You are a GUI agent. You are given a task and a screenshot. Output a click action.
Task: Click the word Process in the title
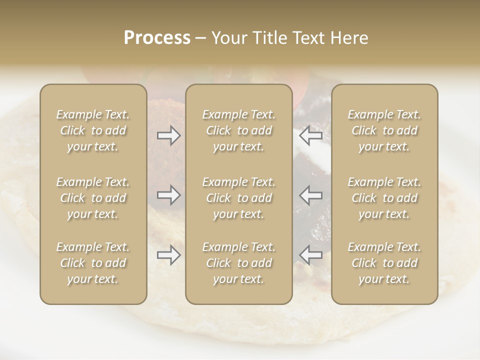[x=157, y=38]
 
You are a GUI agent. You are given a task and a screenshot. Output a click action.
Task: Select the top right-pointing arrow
[x=169, y=135]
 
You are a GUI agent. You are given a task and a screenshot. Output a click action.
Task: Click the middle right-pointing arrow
[x=169, y=195]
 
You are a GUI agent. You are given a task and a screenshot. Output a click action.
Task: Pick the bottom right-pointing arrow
[x=169, y=255]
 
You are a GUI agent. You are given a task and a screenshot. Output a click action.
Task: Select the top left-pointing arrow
[x=311, y=135]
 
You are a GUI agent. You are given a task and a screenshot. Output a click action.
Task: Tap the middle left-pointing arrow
[x=311, y=195]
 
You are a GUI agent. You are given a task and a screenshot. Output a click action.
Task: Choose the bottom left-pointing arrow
[x=311, y=255]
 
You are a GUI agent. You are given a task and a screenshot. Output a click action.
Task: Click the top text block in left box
[x=93, y=130]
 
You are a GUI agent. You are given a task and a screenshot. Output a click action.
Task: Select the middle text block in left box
[x=93, y=198]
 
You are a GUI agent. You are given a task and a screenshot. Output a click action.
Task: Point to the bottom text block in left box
[x=93, y=263]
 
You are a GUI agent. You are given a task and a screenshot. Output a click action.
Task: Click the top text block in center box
[x=239, y=130]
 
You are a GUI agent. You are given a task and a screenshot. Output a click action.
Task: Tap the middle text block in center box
[x=239, y=198]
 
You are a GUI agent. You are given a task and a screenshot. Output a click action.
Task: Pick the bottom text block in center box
[x=239, y=263]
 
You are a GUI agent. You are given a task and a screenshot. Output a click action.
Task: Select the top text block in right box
[x=384, y=130]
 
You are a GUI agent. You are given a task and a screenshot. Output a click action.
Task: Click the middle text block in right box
[x=384, y=198]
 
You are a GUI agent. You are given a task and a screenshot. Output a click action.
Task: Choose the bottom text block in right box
[x=384, y=263]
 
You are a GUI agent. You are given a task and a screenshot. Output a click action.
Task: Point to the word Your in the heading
[x=227, y=38]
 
